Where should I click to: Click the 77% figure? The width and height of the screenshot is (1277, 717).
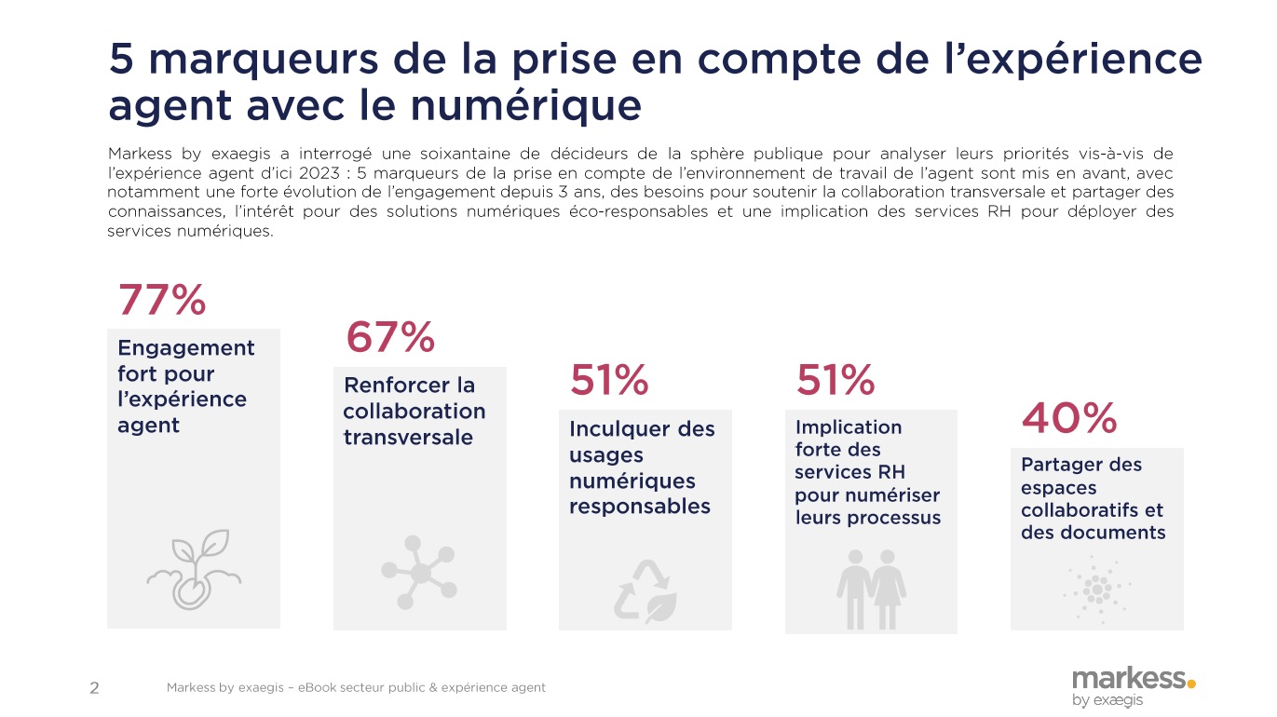click(x=161, y=301)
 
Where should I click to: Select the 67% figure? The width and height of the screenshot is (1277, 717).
click(x=389, y=337)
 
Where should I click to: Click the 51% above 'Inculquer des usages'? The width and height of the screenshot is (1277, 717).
click(x=609, y=380)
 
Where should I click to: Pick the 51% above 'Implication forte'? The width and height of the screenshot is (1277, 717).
click(x=835, y=380)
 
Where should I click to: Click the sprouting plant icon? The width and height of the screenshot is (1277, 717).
click(x=194, y=570)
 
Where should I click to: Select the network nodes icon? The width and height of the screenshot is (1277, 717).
click(x=419, y=572)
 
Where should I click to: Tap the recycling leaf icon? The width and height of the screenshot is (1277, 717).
click(x=645, y=589)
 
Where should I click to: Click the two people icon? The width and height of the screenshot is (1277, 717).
click(x=871, y=588)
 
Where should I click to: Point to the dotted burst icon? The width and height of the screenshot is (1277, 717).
click(x=1096, y=588)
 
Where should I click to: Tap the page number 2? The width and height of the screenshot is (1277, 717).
click(x=94, y=689)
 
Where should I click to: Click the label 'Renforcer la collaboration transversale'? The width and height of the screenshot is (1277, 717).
click(x=414, y=411)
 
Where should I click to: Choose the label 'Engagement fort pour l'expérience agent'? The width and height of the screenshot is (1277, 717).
click(x=185, y=386)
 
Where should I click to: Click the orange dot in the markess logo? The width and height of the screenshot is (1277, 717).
click(x=1191, y=683)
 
